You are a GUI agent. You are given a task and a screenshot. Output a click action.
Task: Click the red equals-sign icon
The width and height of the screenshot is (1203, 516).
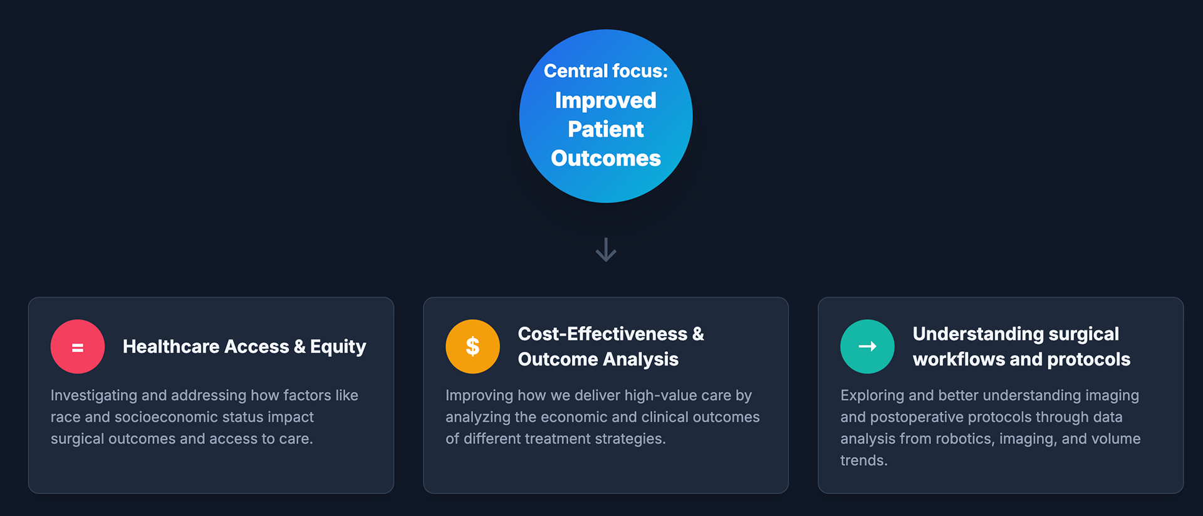[78, 347]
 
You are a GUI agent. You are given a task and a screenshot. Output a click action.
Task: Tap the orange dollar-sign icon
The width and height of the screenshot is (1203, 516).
[472, 347]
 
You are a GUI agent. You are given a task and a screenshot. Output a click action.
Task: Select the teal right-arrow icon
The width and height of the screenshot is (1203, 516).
[867, 347]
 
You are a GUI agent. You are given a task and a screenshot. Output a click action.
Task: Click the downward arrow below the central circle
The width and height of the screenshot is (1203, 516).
[606, 250]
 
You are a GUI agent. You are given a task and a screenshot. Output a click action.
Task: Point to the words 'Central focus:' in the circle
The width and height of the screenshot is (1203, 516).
[605, 71]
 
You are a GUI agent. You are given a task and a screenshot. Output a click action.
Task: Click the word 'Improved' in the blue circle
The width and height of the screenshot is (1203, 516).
[605, 100]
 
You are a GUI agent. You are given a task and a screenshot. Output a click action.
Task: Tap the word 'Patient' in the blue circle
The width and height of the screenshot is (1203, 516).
[605, 129]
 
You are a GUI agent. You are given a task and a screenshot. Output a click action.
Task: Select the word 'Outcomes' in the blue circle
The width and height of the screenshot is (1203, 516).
[605, 158]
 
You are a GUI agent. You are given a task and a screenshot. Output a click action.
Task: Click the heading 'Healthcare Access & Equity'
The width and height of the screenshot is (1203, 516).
[244, 347]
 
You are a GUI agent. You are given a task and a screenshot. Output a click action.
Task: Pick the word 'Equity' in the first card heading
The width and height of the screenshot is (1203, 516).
[338, 347]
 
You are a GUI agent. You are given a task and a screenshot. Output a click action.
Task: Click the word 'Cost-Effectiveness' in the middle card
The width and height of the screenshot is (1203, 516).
[602, 334]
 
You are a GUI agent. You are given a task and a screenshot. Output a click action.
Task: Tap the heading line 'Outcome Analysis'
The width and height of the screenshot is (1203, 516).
[598, 359]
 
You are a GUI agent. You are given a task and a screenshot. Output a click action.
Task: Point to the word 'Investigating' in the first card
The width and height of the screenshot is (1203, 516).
[93, 396]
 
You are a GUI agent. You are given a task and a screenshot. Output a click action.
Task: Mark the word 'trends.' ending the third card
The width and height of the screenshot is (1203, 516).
[863, 461]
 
